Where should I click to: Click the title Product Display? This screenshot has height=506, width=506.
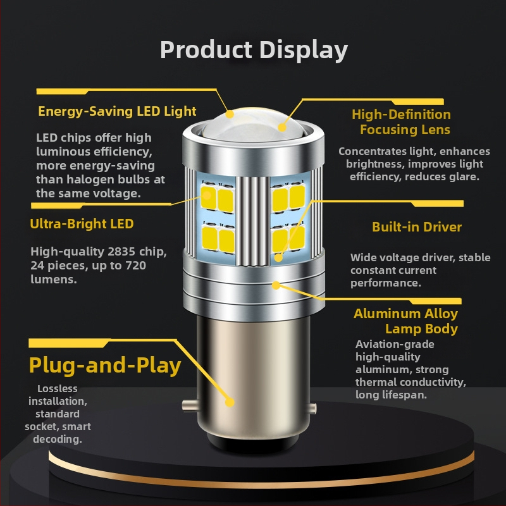coord(253,49)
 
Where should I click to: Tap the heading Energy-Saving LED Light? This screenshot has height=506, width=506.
coord(117,111)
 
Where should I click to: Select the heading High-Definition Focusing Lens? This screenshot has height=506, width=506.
coord(402,122)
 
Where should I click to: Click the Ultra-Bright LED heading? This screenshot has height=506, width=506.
coord(82,223)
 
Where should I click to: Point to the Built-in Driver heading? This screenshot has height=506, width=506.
coord(416,227)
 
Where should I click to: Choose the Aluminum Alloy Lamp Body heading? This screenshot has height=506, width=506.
coord(405,321)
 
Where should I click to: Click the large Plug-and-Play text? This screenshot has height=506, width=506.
coord(105,365)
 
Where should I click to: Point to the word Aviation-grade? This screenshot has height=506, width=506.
coord(395,345)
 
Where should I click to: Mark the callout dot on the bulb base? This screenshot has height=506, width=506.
coord(230,402)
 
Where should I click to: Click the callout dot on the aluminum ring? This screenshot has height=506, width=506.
coord(276,285)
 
